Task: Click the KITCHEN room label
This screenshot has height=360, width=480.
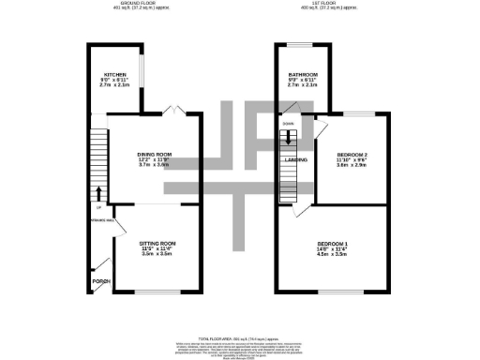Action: tap(115, 73)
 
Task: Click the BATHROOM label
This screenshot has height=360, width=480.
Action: tap(303, 74)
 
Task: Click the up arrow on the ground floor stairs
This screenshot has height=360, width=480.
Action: tap(100, 193)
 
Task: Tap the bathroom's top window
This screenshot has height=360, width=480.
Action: tap(302, 44)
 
